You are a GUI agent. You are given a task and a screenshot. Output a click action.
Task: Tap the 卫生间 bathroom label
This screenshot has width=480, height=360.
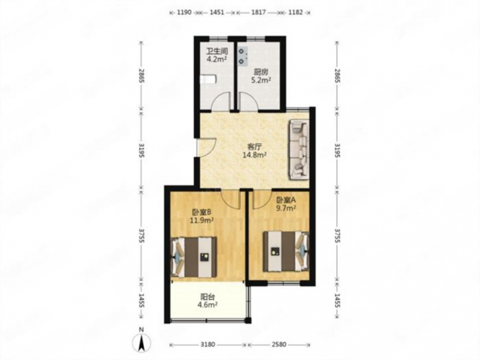pos(217,51)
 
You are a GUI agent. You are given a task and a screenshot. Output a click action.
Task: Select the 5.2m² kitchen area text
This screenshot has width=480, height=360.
pos(261,80)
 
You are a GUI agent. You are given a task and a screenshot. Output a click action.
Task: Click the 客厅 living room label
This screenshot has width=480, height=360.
pos(254,147)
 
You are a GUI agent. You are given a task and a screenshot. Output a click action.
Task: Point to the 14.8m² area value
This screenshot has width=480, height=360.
pos(254,155)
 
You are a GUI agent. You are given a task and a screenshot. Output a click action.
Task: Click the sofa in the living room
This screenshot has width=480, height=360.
pos(299,149)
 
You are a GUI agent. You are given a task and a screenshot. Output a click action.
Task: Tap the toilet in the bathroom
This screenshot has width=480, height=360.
pos(208,80)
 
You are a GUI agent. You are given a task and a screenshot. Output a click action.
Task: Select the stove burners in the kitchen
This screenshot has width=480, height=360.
pos(243,57)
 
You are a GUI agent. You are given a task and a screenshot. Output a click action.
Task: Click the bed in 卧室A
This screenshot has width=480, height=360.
pos(286,252)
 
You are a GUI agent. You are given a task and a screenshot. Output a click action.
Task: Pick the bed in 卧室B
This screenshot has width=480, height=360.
pos(194,257)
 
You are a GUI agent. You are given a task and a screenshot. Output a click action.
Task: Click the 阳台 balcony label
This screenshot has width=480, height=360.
pos(207,297)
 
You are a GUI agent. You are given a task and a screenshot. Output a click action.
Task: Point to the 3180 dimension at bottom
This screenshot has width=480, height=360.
pos(208,345)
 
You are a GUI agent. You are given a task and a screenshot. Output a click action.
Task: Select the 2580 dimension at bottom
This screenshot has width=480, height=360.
pos(279,345)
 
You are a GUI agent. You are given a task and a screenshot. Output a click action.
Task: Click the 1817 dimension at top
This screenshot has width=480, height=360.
pos(259,12)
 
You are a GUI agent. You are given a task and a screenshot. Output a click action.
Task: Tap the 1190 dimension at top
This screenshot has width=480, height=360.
pos(184,12)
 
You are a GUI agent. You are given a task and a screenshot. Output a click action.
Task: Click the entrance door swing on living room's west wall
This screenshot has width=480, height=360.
pos(207,148)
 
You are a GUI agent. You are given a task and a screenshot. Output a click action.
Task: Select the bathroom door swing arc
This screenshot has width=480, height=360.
pos(221,101)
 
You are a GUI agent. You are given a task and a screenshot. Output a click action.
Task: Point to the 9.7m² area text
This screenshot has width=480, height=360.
pos(286,208)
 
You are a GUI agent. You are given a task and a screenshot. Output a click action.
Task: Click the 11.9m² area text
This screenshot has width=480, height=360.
pos(202,220)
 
